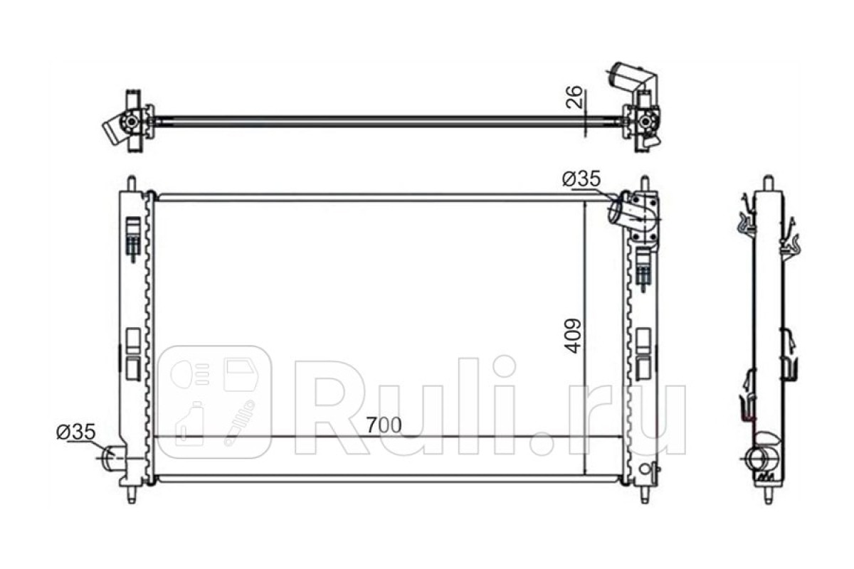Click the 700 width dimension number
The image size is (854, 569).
pos(384,425)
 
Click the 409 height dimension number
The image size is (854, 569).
pos(573,336)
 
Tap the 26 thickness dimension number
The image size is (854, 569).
pos(574,97)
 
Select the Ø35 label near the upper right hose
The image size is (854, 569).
pos(581,179)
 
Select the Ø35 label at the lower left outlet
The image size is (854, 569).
pos(76,432)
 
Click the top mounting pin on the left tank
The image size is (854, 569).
pos(132,184)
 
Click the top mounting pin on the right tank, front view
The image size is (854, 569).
pos(645,184)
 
